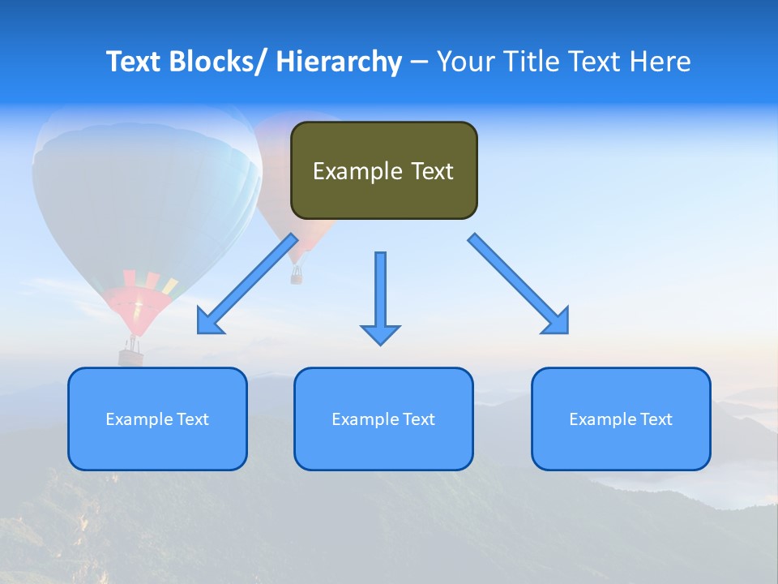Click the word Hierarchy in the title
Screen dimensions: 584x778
[x=339, y=62]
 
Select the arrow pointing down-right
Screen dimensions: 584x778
[x=519, y=284]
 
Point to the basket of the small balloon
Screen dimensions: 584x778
[x=297, y=277]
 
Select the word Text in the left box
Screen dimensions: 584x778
[x=194, y=419]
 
